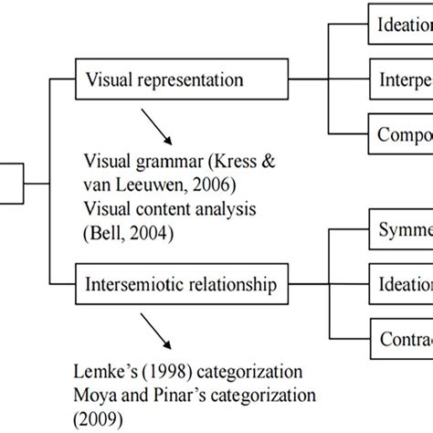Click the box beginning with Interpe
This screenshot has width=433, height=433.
coord(398,79)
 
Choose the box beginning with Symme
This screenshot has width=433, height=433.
coord(398,233)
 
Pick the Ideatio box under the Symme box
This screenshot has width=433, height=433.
coord(398,286)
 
